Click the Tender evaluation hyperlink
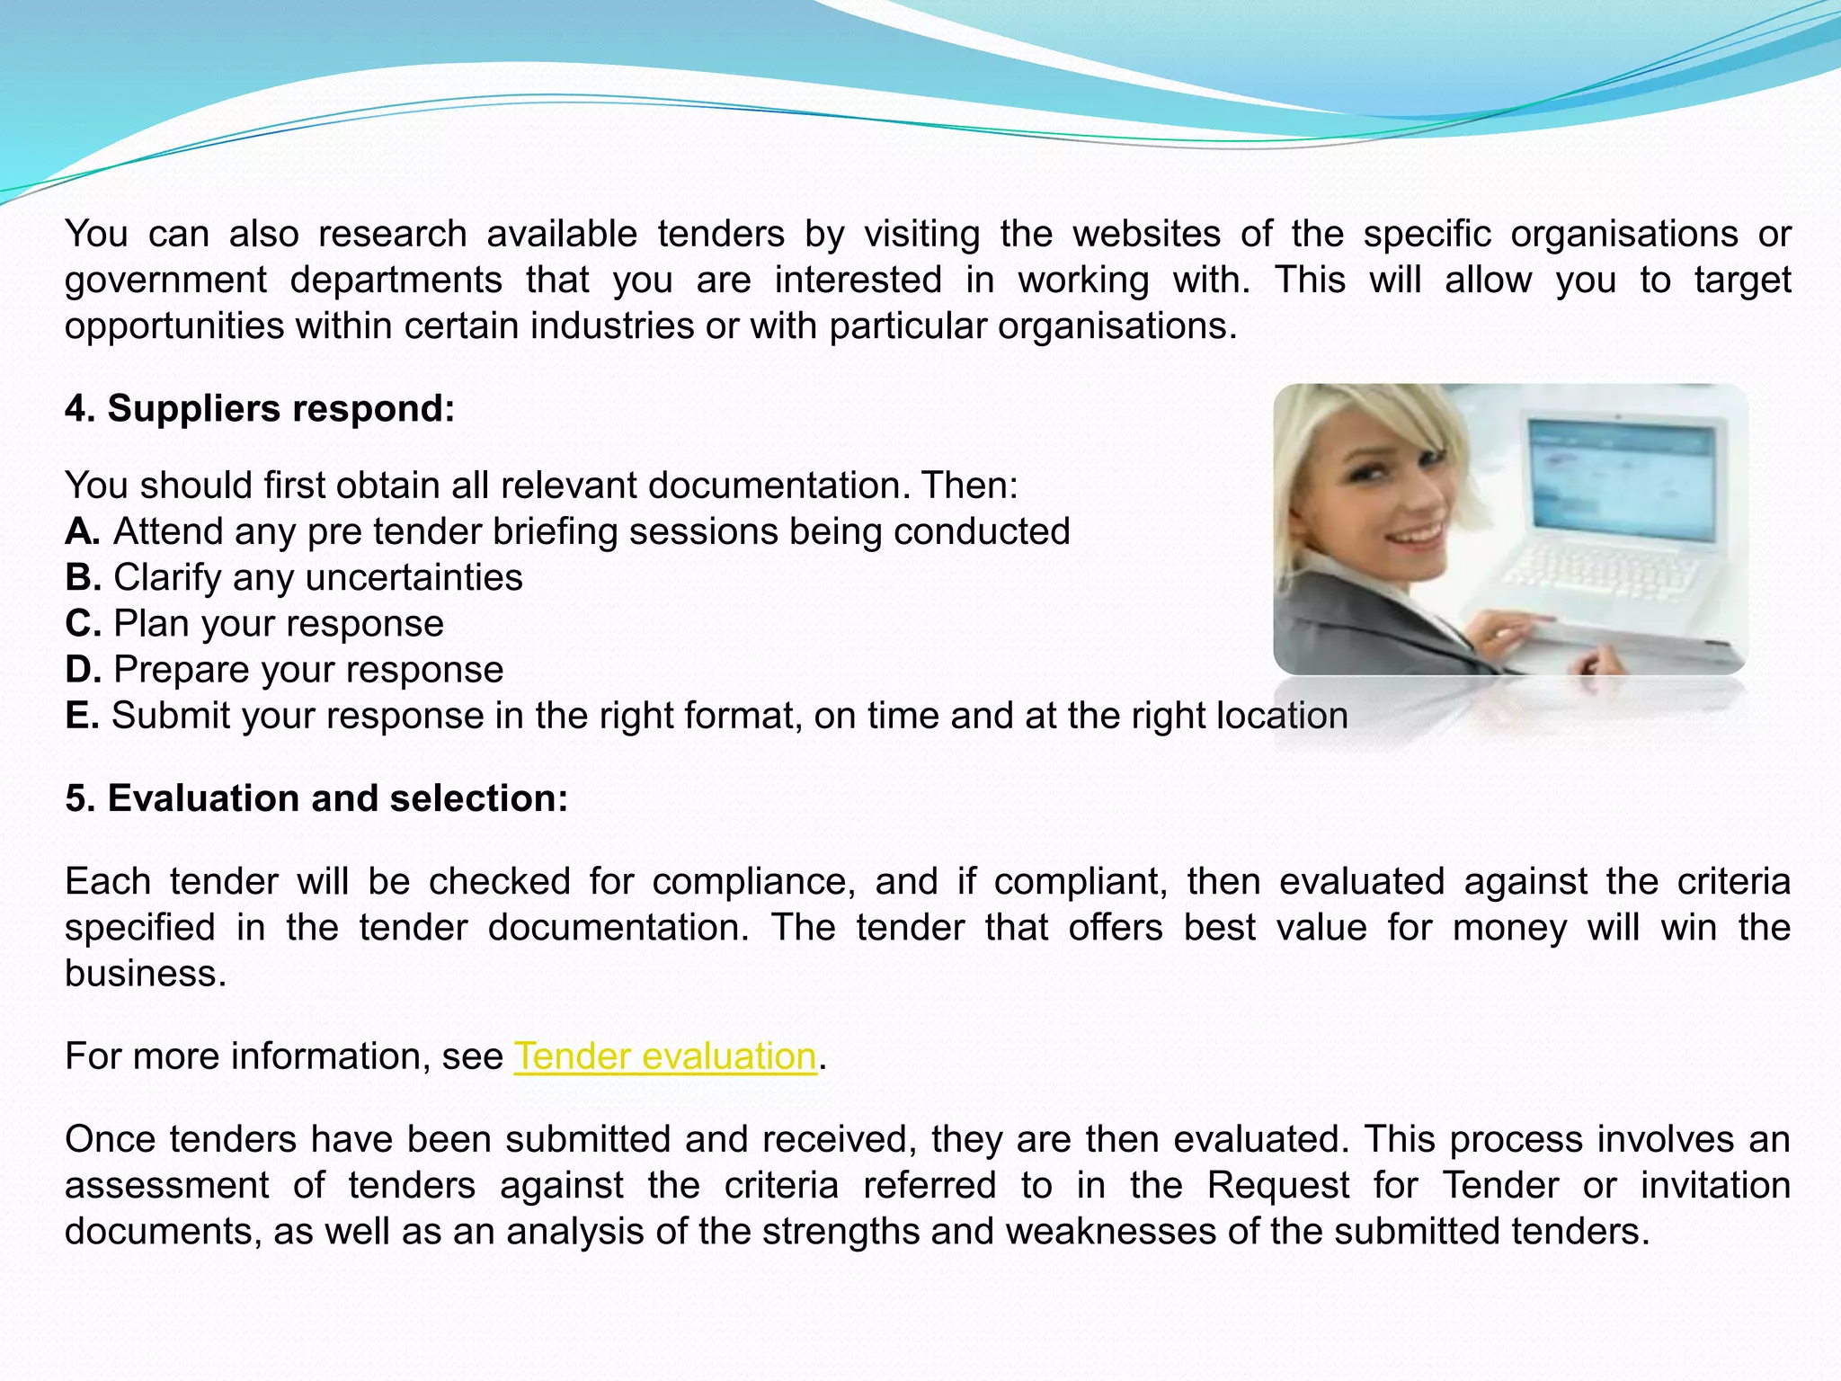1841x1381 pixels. [665, 1056]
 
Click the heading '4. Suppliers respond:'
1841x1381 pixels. [260, 409]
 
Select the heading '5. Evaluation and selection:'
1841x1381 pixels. [316, 798]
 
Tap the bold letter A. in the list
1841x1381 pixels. [83, 531]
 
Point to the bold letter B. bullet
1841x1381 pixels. [83, 577]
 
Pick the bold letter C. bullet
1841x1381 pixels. [83, 624]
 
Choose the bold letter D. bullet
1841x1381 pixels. [83, 670]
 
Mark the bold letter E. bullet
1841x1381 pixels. [82, 716]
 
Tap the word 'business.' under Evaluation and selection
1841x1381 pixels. [146, 974]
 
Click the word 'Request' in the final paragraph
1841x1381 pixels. [1277, 1186]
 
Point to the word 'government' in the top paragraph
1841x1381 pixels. [165, 281]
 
